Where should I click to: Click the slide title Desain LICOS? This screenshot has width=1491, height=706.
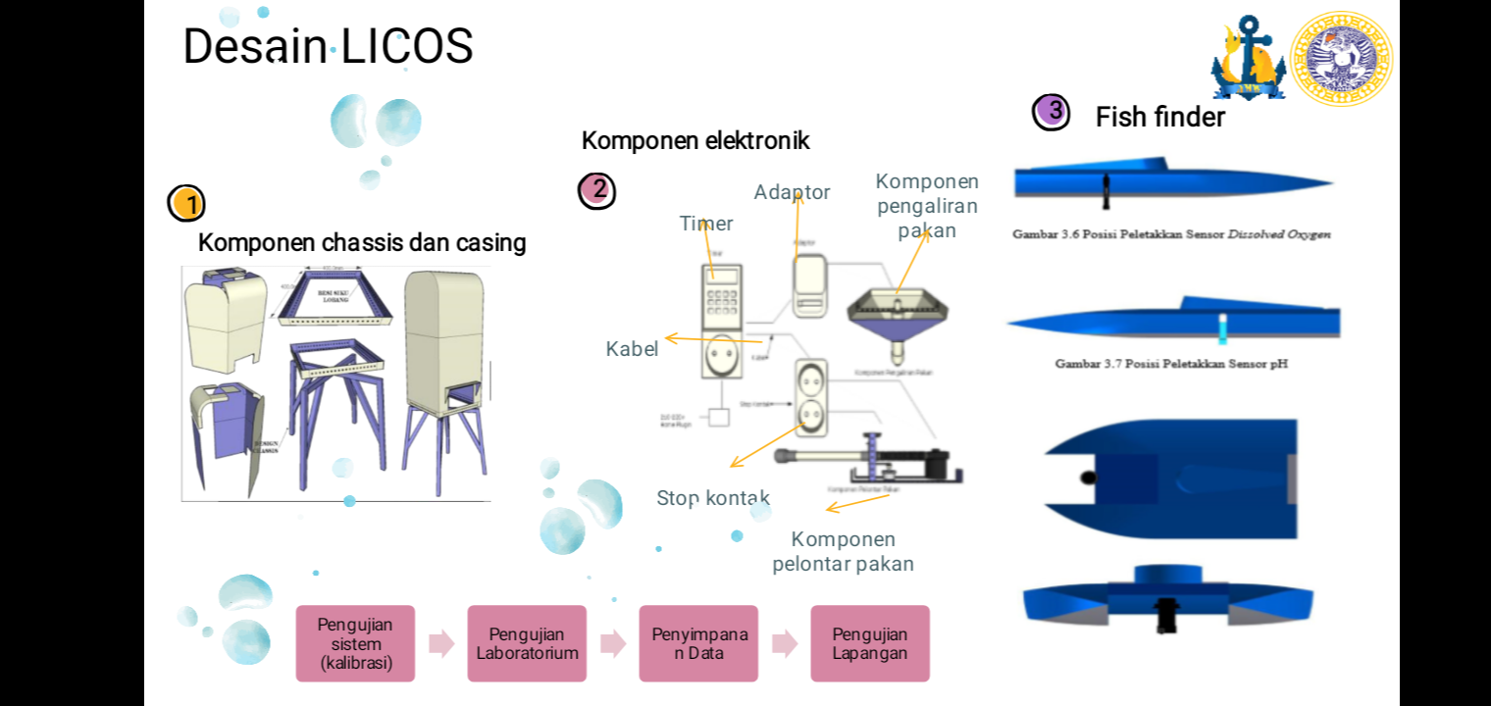pyautogui.click(x=328, y=46)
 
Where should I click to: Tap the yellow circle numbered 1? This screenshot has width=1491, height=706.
pyautogui.click(x=186, y=204)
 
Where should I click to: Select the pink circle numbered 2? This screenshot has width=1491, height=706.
pyautogui.click(x=596, y=190)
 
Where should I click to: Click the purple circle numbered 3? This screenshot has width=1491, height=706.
pyautogui.click(x=1052, y=112)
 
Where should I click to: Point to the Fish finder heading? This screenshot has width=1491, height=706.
pyautogui.click(x=1159, y=118)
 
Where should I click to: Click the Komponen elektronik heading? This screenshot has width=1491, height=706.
pyautogui.click(x=695, y=141)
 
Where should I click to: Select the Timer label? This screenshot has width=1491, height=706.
pyautogui.click(x=706, y=224)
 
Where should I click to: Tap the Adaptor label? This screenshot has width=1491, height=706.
pyautogui.click(x=792, y=192)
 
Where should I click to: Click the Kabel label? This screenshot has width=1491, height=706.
pyautogui.click(x=632, y=349)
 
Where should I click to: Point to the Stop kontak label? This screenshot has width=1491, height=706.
pyautogui.click(x=713, y=498)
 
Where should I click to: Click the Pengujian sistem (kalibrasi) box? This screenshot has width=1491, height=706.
pyautogui.click(x=355, y=643)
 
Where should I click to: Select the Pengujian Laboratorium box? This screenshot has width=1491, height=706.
pyautogui.click(x=527, y=643)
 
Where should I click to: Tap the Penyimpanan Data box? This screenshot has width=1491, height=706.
pyautogui.click(x=698, y=643)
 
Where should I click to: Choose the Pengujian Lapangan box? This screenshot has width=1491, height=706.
pyautogui.click(x=869, y=643)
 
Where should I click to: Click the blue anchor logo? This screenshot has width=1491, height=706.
pyautogui.click(x=1248, y=59)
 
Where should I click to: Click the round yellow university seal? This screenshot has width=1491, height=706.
pyautogui.click(x=1341, y=59)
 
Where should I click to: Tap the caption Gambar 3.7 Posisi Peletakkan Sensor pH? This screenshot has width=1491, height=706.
pyautogui.click(x=1171, y=364)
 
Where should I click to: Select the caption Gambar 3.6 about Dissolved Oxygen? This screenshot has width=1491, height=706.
pyautogui.click(x=1171, y=234)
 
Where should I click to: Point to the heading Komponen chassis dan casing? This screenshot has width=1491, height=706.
pyautogui.click(x=362, y=243)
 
